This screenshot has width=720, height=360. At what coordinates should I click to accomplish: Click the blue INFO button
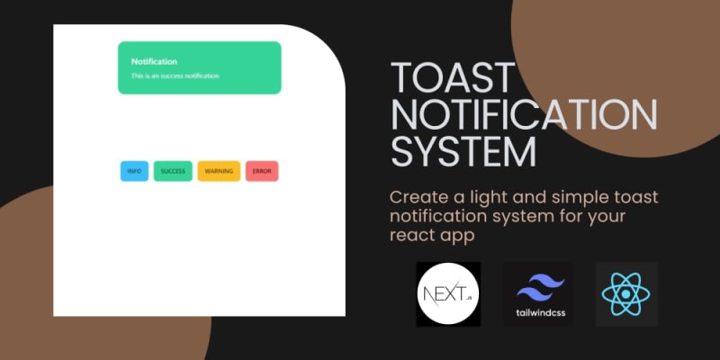[x=134, y=171]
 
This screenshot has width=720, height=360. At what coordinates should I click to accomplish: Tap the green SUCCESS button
[x=173, y=171]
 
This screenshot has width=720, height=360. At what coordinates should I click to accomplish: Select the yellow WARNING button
[x=219, y=171]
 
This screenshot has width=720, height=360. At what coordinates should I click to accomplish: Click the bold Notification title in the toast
[x=154, y=61]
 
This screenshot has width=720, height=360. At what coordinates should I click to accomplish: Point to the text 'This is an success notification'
[x=175, y=76]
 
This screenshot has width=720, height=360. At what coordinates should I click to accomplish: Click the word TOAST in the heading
[x=453, y=77]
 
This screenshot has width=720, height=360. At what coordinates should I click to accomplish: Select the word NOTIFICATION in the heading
[x=524, y=114]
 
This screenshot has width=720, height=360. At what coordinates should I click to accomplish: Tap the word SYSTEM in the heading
[x=463, y=151]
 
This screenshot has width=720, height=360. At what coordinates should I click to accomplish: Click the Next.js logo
[x=448, y=294]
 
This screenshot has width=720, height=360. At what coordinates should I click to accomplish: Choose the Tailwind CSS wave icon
[x=541, y=287]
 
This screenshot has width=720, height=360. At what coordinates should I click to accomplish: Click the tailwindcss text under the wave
[x=541, y=313]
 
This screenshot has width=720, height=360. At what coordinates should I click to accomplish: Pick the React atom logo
[x=626, y=294]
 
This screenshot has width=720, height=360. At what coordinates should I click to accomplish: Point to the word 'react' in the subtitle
[x=409, y=236]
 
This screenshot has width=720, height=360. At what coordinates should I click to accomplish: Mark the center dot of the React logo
[x=626, y=294]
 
